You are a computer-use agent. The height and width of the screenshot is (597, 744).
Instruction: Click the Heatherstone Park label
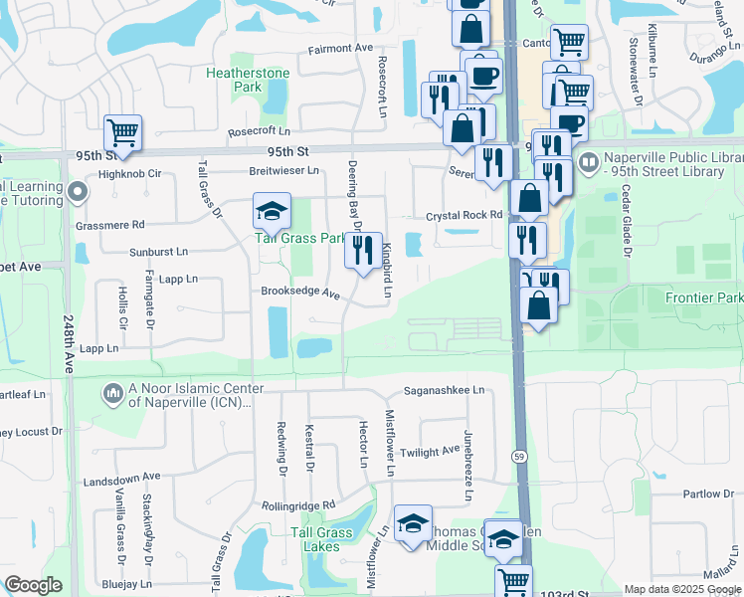(248, 80)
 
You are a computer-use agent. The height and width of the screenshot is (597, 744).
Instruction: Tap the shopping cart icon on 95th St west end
(122, 131)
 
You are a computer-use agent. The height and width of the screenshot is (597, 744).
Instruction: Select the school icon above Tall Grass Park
(271, 211)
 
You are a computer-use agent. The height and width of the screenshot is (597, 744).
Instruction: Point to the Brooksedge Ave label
(300, 295)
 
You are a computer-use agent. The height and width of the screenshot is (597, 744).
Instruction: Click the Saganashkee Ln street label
(444, 391)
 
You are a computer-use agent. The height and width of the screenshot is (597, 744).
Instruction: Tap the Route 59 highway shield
(519, 455)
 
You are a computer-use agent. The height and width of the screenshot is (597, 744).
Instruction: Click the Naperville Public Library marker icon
(588, 161)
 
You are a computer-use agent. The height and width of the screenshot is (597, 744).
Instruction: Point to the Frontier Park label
(704, 298)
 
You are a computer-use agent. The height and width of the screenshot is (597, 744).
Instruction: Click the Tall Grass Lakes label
(321, 540)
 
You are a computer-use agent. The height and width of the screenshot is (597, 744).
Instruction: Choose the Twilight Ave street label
(431, 451)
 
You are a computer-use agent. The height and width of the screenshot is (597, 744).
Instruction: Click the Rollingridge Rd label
(300, 505)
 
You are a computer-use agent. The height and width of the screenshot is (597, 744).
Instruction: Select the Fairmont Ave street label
(340, 48)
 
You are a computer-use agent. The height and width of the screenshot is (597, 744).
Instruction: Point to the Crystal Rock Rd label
(465, 215)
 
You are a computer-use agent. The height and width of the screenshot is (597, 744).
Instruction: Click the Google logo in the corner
(33, 585)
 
